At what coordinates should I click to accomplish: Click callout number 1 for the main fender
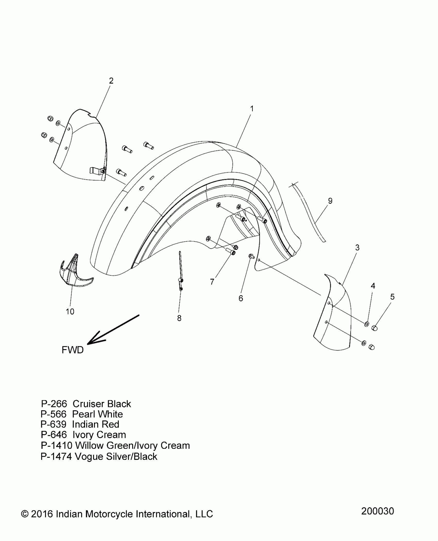click(252, 109)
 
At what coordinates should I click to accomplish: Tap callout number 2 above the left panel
click(111, 81)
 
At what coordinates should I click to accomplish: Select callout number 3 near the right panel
click(357, 248)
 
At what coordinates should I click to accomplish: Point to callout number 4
click(373, 286)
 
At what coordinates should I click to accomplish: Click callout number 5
click(392, 297)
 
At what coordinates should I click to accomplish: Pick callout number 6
click(241, 298)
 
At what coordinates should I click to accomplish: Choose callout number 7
click(212, 282)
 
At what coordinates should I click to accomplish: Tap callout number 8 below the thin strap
click(179, 318)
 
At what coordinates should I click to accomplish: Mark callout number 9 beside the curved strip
click(330, 201)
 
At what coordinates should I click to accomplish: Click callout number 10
click(70, 311)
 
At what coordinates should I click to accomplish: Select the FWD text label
click(73, 350)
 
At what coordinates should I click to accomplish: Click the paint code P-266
click(54, 404)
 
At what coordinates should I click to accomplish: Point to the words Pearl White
click(97, 414)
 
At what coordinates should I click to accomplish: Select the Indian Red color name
click(96, 424)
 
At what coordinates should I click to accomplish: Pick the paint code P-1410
click(57, 445)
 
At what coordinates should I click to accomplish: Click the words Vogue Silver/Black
click(116, 457)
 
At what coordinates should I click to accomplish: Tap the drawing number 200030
click(377, 511)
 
